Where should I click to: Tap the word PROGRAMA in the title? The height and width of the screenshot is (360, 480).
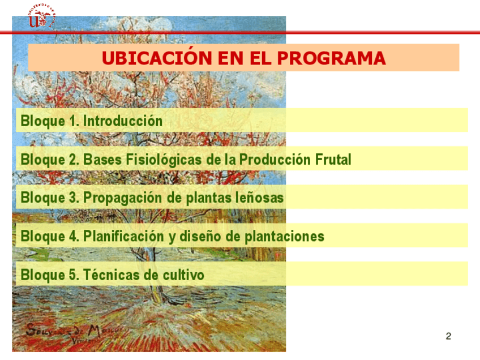(x=331, y=58)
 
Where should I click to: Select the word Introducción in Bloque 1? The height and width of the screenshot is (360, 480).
(x=123, y=121)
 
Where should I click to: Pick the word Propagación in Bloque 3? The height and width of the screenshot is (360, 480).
(x=123, y=198)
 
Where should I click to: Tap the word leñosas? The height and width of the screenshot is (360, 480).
(x=259, y=198)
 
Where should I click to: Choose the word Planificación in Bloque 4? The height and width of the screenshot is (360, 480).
(x=123, y=237)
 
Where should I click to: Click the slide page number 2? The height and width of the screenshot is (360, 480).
(x=448, y=336)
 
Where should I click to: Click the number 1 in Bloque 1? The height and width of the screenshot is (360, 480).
(x=73, y=121)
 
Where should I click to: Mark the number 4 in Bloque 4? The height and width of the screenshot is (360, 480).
(x=73, y=236)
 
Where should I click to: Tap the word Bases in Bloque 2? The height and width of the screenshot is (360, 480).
(x=102, y=160)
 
